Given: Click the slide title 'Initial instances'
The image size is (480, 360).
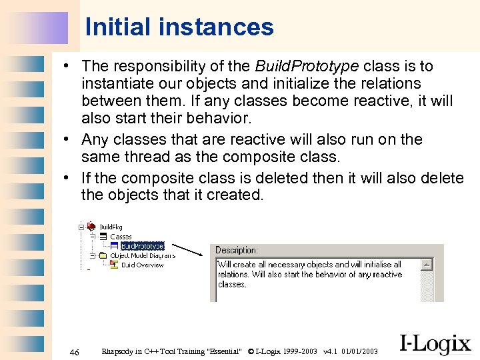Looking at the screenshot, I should (179, 27).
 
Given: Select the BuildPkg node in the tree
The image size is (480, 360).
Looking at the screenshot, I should (111, 227).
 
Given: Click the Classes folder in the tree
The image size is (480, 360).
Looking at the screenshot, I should (121, 237).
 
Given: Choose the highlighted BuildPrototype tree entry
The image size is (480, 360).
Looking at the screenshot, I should (142, 246).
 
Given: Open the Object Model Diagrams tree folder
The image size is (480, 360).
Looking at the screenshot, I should (142, 255).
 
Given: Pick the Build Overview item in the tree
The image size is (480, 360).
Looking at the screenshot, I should (142, 265).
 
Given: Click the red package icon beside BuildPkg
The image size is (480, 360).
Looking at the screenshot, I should (91, 227).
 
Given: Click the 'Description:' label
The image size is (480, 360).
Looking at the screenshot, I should (236, 250).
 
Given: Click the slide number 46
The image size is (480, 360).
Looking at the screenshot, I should (75, 351).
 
